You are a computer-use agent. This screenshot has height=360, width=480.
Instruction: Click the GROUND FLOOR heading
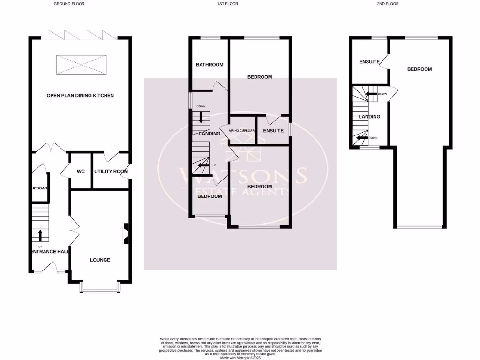69,4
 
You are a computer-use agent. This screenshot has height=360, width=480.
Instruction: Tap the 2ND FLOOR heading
389,4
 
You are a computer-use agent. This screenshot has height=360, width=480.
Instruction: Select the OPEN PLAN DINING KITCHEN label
80,96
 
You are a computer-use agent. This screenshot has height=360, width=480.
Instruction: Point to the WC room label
81,172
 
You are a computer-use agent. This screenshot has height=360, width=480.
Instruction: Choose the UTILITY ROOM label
111,172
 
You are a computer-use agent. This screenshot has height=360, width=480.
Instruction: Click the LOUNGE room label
100,260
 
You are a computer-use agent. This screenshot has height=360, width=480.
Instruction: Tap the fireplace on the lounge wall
126,234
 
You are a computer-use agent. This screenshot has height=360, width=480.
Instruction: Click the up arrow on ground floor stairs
40,235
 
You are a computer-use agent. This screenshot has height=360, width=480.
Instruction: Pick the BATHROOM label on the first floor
210,65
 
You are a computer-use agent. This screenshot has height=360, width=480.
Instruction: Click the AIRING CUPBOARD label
242,131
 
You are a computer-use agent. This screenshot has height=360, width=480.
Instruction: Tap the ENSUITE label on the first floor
273,131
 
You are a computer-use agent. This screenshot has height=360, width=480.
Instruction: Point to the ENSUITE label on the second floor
369,62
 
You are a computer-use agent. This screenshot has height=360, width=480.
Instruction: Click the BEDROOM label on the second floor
420,69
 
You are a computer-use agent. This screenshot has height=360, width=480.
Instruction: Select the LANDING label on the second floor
369,117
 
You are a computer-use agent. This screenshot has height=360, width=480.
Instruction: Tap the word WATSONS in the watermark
242,175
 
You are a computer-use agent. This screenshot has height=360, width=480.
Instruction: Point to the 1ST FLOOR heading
227,4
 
